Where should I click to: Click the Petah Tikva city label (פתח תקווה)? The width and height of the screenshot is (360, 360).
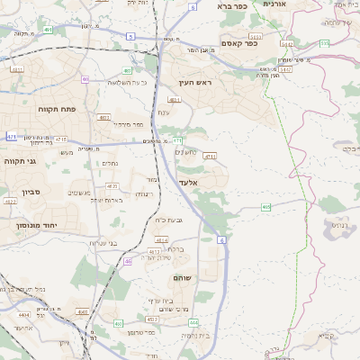pos(57,109)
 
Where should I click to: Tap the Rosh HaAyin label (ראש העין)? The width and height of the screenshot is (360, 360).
pos(195,82)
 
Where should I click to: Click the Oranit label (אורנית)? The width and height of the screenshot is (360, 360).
pos(274,4)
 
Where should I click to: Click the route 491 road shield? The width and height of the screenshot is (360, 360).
pos(128,69)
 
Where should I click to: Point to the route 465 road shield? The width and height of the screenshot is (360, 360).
pos(266,208)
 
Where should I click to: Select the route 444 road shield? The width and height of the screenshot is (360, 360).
pos(193,322)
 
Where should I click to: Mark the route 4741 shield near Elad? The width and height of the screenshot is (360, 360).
pos(210,156)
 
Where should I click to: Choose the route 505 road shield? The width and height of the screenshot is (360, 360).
pos(324,41)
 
